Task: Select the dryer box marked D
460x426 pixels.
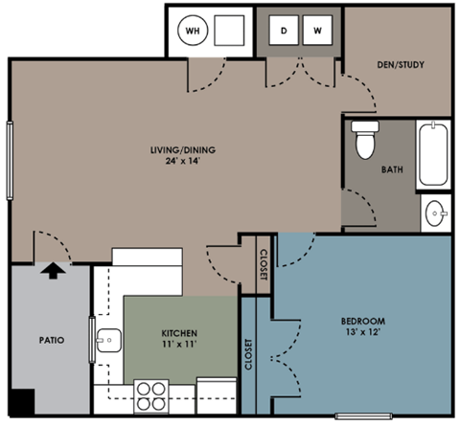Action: pyautogui.click(x=284, y=31)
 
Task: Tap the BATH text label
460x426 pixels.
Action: pyautogui.click(x=392, y=170)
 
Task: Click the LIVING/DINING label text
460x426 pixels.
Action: pyautogui.click(x=180, y=149)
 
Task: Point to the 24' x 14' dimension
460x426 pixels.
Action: pyautogui.click(x=180, y=161)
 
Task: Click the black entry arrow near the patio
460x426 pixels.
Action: pyautogui.click(x=54, y=271)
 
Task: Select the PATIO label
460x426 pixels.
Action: pyautogui.click(x=51, y=340)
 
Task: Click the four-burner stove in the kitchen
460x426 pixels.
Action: pyautogui.click(x=151, y=393)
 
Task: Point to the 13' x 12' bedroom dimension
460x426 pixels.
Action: pyautogui.click(x=363, y=332)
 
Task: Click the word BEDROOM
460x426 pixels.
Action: pyautogui.click(x=363, y=320)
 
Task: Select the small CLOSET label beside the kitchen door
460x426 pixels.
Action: pyautogui.click(x=264, y=264)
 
